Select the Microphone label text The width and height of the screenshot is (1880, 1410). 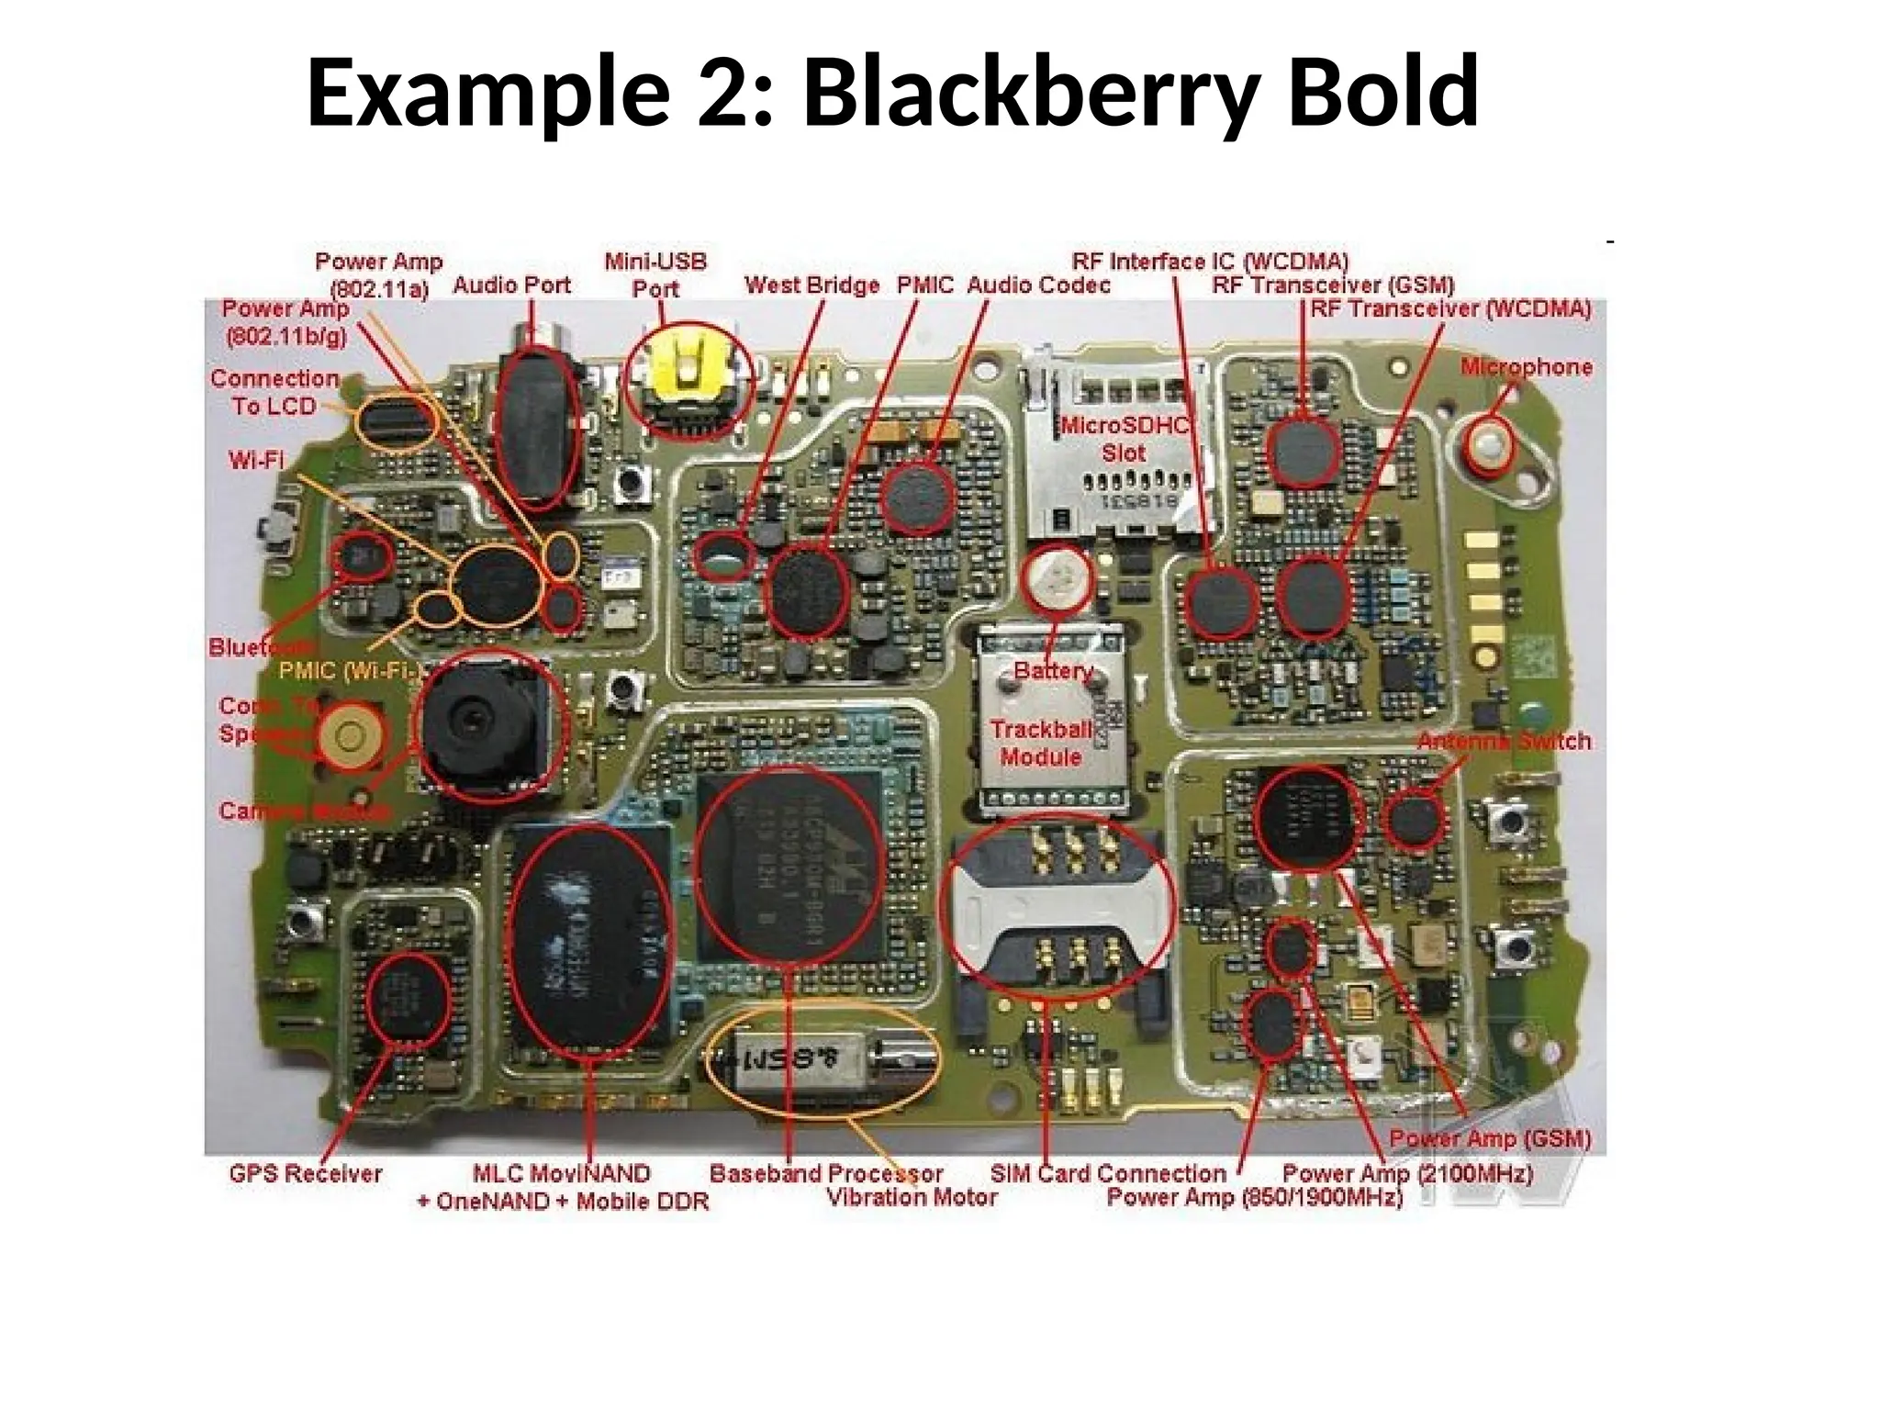pyautogui.click(x=1527, y=367)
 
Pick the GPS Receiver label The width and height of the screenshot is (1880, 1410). pyautogui.click(x=306, y=1173)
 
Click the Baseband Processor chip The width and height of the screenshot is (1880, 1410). pyautogui.click(x=789, y=867)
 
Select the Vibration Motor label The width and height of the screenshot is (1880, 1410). pyautogui.click(x=912, y=1197)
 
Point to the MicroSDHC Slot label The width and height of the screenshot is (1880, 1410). pyautogui.click(x=1125, y=439)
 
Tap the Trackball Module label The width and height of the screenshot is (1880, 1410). pyautogui.click(x=1041, y=743)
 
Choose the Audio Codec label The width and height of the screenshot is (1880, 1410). pyautogui.click(x=1038, y=285)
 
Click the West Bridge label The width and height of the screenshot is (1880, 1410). pyautogui.click(x=811, y=285)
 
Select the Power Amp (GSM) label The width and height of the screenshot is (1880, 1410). pyautogui.click(x=1489, y=1138)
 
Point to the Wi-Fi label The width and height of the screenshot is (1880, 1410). pyautogui.click(x=256, y=459)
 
